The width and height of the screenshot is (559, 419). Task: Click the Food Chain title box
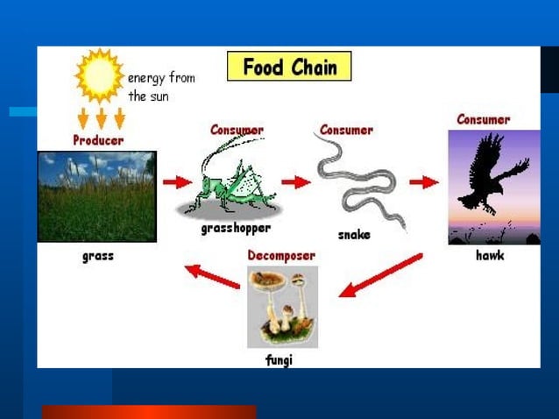289,67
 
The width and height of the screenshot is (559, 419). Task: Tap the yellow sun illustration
99,75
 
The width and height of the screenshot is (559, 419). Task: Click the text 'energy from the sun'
161,88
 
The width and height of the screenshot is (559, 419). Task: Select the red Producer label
97,140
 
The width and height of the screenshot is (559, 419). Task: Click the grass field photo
96,196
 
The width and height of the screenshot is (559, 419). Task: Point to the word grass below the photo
97,256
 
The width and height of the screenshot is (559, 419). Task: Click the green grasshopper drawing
233,180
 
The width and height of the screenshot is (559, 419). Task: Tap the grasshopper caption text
236,228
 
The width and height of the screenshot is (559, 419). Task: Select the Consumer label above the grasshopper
237,130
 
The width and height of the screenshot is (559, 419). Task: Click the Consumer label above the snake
346,130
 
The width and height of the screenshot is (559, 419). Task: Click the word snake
354,235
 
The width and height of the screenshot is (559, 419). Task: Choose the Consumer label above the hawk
483,119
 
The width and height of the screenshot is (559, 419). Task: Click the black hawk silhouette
494,175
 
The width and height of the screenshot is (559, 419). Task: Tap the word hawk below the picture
490,256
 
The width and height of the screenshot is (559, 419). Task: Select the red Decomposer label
280,255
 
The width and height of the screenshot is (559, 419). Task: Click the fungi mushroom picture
281,306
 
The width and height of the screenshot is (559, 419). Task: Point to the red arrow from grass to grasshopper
177,182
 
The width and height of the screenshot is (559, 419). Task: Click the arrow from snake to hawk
424,182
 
